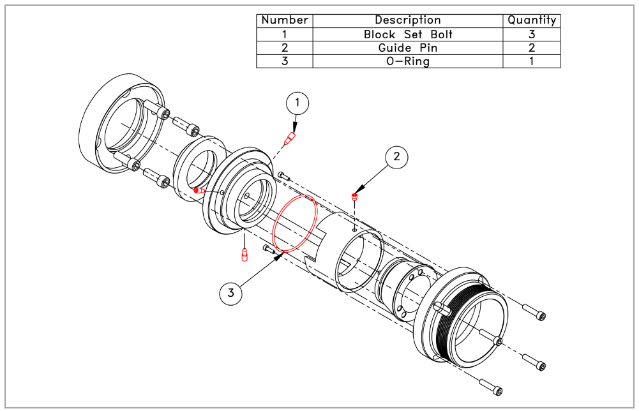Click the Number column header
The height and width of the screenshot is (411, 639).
pos(285,20)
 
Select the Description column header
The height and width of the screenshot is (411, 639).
pos(408,20)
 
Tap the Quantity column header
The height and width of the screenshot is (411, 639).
pos(532,20)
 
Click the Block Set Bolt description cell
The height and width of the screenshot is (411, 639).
pos(408,34)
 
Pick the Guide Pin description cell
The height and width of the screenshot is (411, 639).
pos(408,48)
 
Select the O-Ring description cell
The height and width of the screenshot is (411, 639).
pos(408,61)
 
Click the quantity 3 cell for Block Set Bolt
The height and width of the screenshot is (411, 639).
pos(532,34)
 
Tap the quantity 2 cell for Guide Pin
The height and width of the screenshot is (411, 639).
pos(532,48)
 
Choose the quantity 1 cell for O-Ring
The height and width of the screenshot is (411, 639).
pos(532,61)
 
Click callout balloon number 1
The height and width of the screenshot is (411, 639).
pos(297,102)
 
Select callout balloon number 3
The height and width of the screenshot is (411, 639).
pos(231,293)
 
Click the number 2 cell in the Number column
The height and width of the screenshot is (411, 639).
pos(285,48)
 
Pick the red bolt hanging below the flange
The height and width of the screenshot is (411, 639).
pos(243,255)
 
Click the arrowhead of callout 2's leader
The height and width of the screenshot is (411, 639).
pos(359,189)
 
